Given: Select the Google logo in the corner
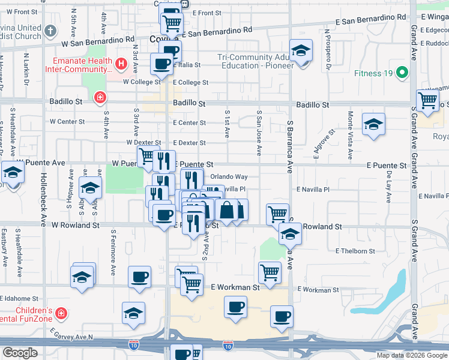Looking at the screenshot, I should [20, 353].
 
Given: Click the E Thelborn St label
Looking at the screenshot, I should [355, 251].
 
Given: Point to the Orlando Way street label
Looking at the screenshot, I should [229, 176].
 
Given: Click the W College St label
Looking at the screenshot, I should [141, 82].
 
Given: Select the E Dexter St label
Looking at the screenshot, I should [189, 143].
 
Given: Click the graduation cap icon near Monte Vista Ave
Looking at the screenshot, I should [373, 125].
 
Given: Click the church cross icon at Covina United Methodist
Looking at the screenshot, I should [50, 30].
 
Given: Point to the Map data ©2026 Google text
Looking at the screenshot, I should [411, 355].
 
